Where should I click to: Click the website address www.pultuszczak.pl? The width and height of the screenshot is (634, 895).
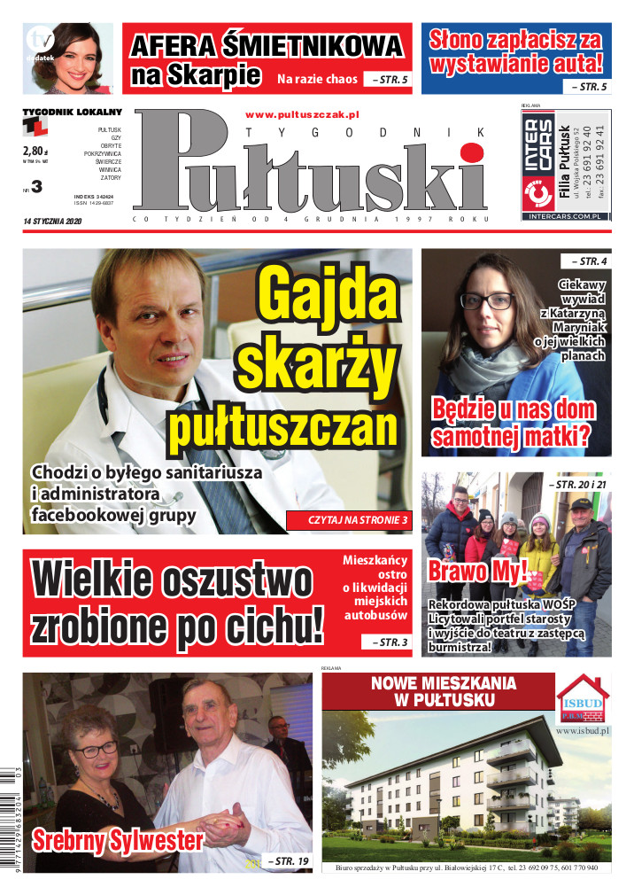pyautogui.click(x=301, y=114)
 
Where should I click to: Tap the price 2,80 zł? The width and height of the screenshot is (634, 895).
pyautogui.click(x=34, y=151)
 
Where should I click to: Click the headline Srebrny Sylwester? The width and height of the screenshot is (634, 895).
pyautogui.click(x=118, y=840)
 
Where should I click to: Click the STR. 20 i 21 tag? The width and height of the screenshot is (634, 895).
pyautogui.click(x=580, y=485)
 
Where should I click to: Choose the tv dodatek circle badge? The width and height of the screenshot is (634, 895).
pyautogui.click(x=41, y=42)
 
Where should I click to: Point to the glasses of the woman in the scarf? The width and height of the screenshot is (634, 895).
pyautogui.click(x=486, y=300)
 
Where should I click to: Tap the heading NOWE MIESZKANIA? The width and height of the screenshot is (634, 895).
pyautogui.click(x=433, y=683)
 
